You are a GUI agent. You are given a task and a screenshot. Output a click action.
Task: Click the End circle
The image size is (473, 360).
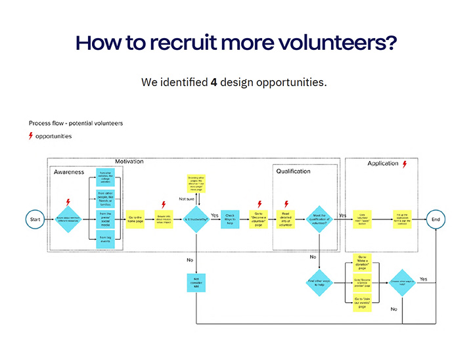[x=436, y=218]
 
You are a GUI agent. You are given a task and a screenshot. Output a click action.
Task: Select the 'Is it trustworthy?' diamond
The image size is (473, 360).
[x=196, y=218]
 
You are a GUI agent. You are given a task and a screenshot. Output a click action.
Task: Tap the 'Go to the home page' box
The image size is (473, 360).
[x=136, y=218]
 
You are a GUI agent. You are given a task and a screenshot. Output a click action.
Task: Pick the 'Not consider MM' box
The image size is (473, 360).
[x=196, y=283]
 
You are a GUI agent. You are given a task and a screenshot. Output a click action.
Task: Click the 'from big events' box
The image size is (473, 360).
[x=105, y=239]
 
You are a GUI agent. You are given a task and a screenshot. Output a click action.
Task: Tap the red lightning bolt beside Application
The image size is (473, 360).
[x=405, y=164]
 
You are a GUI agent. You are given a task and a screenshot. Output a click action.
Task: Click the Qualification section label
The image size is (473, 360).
[x=293, y=171]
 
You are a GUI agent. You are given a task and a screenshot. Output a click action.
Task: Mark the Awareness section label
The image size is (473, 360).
[x=68, y=172]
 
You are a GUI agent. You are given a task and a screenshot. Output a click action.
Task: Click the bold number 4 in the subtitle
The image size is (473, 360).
[x=214, y=83]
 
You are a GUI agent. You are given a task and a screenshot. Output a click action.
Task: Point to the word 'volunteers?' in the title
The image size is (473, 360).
[x=344, y=41]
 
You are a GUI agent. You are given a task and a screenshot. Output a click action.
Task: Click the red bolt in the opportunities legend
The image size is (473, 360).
[x=30, y=136]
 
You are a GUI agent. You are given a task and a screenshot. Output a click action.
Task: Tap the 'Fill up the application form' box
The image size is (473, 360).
[x=403, y=218]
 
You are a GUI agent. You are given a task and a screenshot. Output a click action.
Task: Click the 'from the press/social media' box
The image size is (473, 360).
[x=105, y=217]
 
